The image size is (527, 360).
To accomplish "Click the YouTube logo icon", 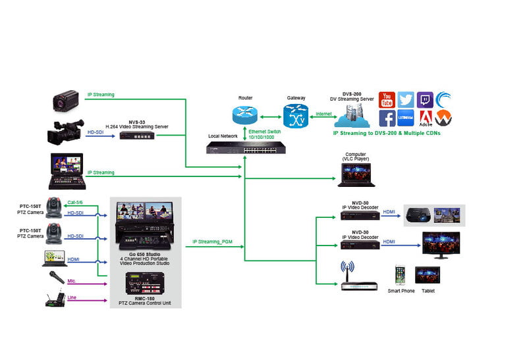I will (x=387, y=99).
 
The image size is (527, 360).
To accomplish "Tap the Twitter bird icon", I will (x=406, y=99).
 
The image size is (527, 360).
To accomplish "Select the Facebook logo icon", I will (x=387, y=118).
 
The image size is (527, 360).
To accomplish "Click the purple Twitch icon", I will (x=425, y=99).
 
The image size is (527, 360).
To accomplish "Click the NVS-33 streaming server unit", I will (x=136, y=135).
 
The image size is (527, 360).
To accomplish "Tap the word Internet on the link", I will (x=323, y=114).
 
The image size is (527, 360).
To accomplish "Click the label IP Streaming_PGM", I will (x=212, y=242).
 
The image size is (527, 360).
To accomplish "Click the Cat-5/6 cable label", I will (x=76, y=203).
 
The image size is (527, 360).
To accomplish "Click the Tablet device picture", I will (x=428, y=274).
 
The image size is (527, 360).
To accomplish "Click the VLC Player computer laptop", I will (x=355, y=174).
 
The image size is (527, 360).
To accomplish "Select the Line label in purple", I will (x=72, y=297).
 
